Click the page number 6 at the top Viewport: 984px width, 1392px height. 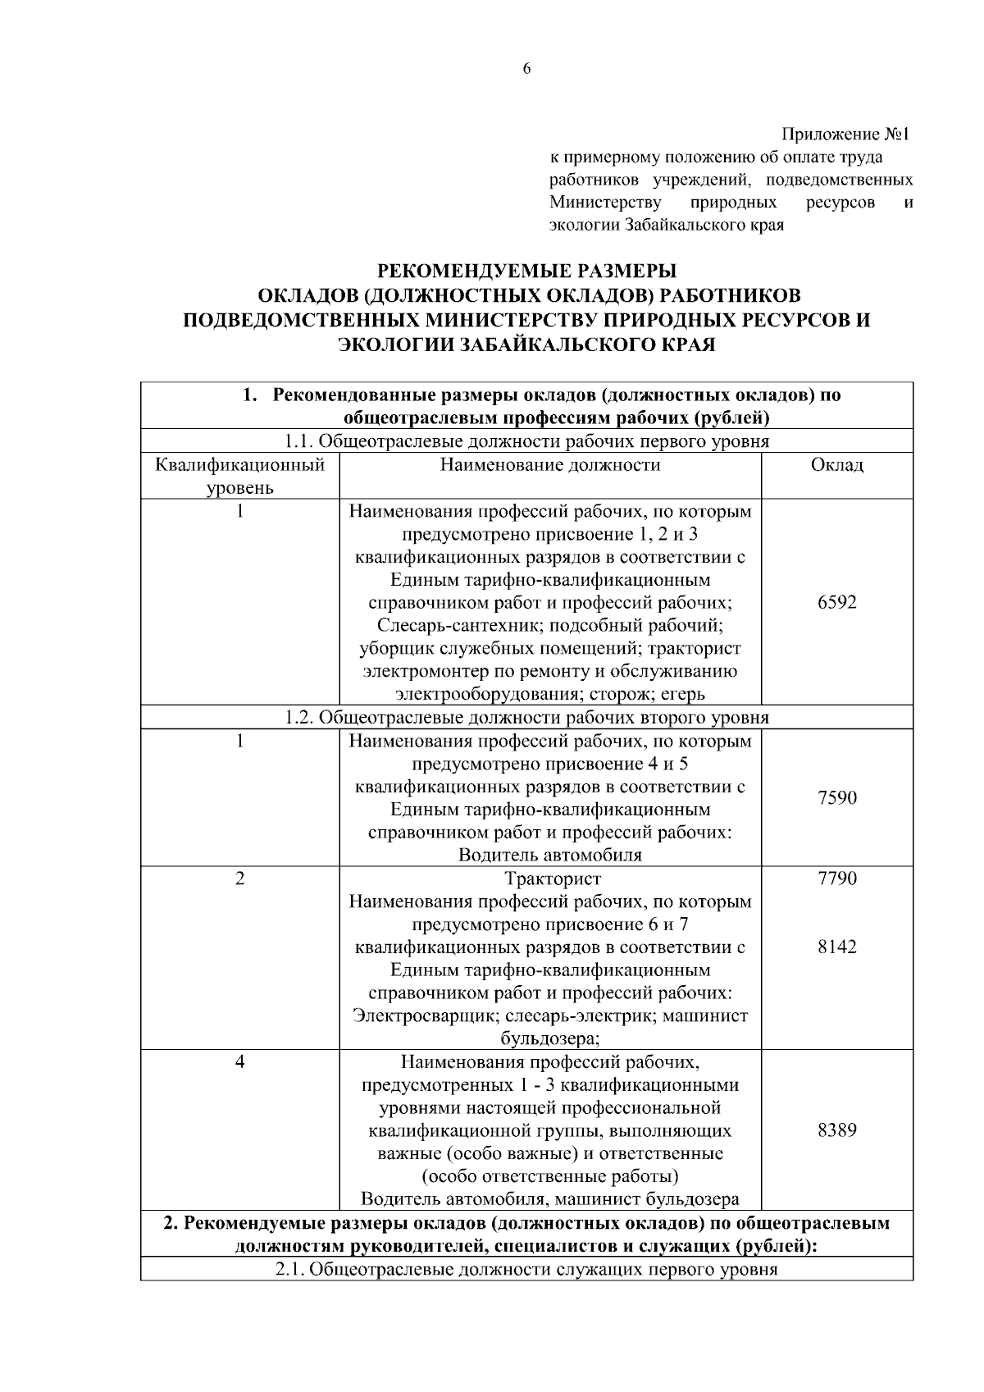click(526, 69)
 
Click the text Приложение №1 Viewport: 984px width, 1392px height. click(846, 134)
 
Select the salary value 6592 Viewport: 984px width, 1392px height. click(837, 602)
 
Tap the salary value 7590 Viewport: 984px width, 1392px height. click(837, 797)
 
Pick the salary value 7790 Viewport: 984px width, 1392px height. click(837, 879)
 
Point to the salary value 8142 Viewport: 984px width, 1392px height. click(837, 947)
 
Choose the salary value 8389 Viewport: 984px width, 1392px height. click(837, 1130)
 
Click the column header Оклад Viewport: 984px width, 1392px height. click(837, 465)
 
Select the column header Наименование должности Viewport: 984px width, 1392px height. click(550, 465)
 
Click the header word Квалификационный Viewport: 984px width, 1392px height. click(240, 465)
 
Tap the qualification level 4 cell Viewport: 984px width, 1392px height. click(240, 1061)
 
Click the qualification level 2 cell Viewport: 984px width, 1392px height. click(240, 879)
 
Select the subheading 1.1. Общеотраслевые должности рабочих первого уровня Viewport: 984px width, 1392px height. click(526, 441)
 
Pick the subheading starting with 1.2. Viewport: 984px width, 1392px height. click(526, 718)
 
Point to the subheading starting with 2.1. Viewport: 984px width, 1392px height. click(526, 1271)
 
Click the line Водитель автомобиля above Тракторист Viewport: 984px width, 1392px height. click(550, 855)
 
